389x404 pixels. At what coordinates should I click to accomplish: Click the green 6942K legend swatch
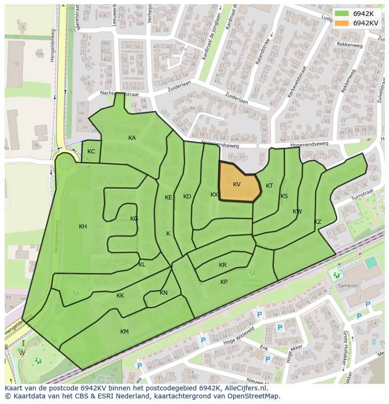342,14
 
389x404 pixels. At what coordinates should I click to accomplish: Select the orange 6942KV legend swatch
342,23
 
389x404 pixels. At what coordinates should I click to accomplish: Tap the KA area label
132,138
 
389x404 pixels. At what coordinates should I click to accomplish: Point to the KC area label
91,152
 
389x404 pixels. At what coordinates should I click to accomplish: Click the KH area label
83,227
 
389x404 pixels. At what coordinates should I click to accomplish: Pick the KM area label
124,332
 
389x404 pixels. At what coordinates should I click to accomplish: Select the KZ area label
318,222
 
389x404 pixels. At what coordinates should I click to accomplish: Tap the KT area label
269,186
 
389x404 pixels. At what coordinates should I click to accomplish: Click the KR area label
223,265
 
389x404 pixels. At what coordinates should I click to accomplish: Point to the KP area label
224,282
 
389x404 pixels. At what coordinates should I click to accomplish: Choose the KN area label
163,293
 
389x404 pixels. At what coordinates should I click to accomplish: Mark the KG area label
134,219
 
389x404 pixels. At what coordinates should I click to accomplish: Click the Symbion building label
348,285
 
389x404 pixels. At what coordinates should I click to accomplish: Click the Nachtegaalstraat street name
119,94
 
